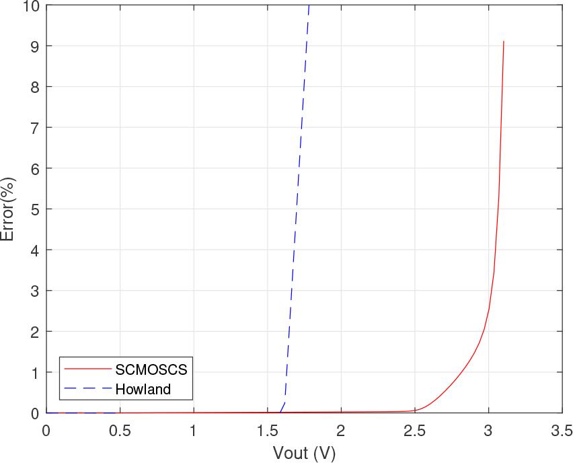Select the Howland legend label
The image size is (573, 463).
tap(143, 388)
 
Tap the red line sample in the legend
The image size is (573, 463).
tap(87, 369)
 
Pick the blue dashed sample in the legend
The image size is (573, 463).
tap(87, 388)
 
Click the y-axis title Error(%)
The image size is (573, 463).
tap(9, 209)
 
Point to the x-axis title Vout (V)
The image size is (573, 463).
tap(304, 452)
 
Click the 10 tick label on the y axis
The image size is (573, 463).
tap(30, 6)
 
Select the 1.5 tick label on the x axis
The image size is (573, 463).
tap(267, 430)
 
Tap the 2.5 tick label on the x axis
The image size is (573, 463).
tap(414, 430)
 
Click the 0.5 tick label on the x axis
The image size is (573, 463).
tap(120, 430)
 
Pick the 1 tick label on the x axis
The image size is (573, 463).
tap(194, 430)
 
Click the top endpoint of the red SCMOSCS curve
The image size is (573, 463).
tap(503, 42)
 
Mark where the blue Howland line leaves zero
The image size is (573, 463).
tap(280, 412)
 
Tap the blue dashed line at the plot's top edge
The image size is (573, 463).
tap(309, 6)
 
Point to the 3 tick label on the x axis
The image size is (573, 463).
tap(488, 430)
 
